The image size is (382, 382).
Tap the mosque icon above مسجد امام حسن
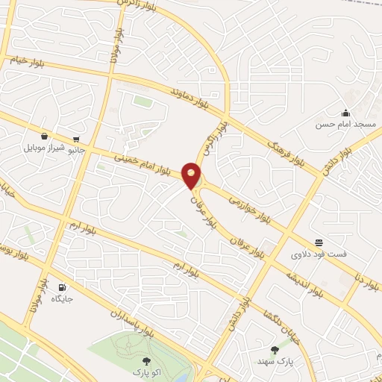345,113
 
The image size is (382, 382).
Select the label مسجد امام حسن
345,125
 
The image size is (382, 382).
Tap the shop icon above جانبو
76,139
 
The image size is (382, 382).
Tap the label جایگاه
61,298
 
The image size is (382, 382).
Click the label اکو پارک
146,371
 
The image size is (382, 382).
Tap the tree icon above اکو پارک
146,360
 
